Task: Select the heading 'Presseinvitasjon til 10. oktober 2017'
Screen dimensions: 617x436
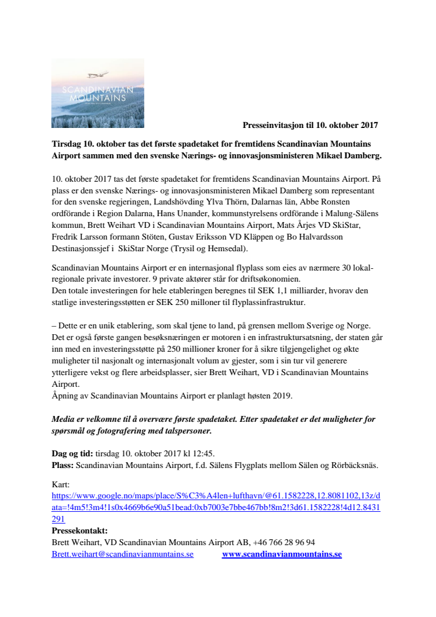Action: tap(310, 124)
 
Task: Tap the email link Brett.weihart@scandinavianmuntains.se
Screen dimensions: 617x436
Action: tap(123, 554)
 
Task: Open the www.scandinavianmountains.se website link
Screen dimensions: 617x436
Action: tap(282, 554)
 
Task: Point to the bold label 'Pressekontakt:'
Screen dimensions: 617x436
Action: tap(80, 531)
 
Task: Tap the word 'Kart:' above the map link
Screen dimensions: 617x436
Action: tap(60, 485)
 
